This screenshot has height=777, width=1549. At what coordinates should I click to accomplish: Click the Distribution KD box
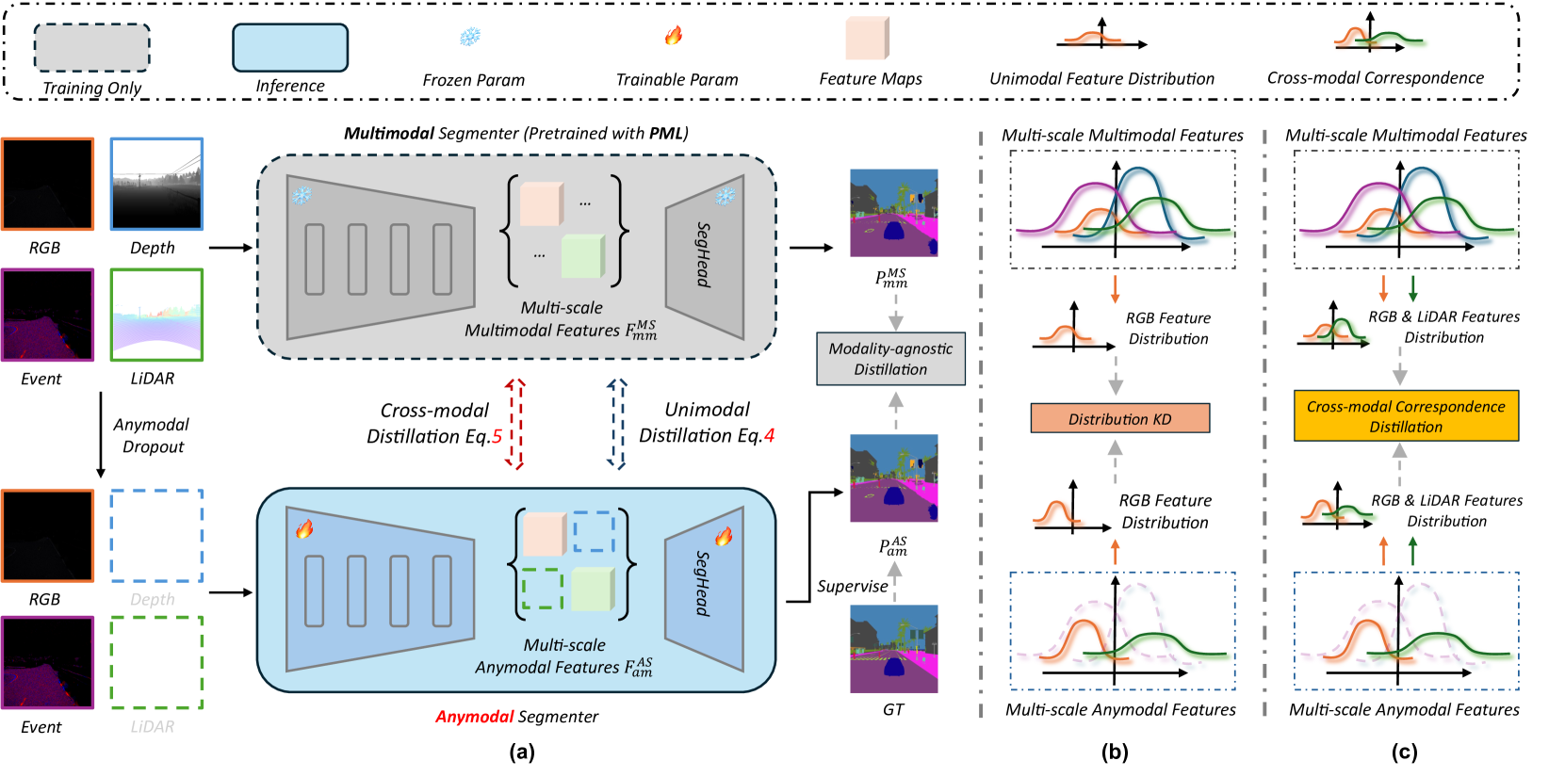(x=1119, y=418)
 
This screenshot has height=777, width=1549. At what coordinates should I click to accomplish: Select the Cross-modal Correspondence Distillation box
(x=1406, y=415)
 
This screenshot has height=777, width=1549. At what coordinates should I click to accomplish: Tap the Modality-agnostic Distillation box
(x=890, y=359)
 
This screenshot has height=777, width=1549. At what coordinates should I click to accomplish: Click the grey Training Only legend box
(x=92, y=48)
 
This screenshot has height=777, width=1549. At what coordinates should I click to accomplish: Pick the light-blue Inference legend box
(x=290, y=48)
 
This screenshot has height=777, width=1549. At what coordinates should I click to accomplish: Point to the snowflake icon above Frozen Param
(x=470, y=36)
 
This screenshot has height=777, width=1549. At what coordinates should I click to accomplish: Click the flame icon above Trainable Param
(x=674, y=35)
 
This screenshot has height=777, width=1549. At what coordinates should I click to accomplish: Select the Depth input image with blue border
(x=156, y=184)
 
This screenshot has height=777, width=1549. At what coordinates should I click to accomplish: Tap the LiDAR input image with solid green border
(x=156, y=316)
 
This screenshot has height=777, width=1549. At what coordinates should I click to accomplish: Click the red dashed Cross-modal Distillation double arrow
(x=514, y=424)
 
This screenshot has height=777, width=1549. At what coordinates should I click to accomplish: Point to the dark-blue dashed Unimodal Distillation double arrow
(x=616, y=424)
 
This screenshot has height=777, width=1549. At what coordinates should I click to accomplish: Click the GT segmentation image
(x=894, y=648)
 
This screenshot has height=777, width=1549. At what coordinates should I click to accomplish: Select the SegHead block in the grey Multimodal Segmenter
(x=705, y=256)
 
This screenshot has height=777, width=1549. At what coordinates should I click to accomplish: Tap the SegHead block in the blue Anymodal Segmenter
(x=705, y=589)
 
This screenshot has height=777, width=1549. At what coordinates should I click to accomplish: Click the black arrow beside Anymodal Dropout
(x=101, y=435)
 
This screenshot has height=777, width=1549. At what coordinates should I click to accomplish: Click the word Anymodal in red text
(x=474, y=717)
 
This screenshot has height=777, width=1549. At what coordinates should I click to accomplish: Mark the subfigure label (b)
(x=1115, y=753)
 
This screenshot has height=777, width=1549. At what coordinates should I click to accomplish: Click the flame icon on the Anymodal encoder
(x=304, y=529)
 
